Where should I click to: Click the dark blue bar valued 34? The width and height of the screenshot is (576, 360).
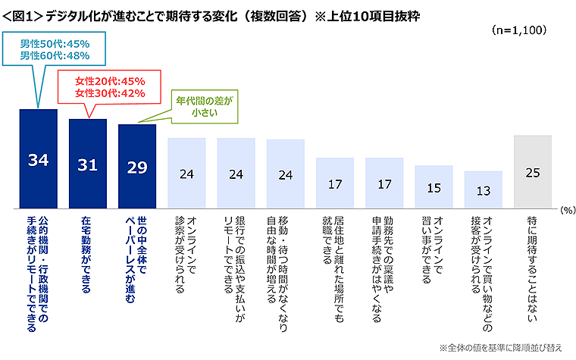[x=38, y=158]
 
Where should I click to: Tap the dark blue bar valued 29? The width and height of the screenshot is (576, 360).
[x=137, y=166]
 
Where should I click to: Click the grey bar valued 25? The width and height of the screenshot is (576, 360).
[x=532, y=172]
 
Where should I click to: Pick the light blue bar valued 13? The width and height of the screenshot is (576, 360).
[x=483, y=189]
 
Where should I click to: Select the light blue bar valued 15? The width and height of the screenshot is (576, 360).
[x=434, y=186]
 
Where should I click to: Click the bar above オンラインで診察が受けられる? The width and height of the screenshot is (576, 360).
[x=186, y=173]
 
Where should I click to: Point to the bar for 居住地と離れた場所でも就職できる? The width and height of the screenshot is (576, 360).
[x=334, y=183]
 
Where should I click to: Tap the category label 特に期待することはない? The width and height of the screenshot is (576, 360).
[x=532, y=258]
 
